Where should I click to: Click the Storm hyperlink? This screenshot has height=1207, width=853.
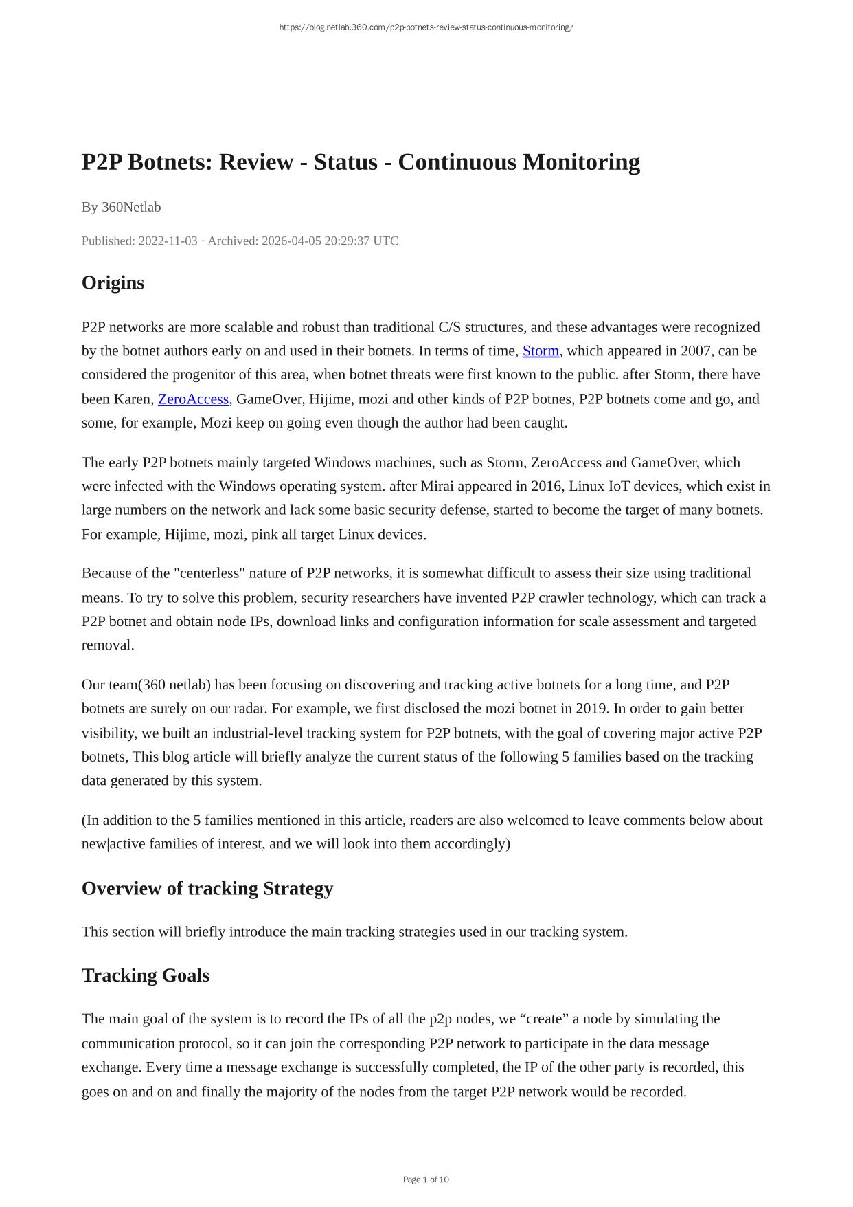[x=541, y=351]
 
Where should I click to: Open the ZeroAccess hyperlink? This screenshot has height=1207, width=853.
[x=193, y=399]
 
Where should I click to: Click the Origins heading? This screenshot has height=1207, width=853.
[x=113, y=283]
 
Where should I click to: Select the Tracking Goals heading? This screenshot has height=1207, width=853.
[x=145, y=975]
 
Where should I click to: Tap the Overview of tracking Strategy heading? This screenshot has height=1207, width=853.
[x=207, y=889]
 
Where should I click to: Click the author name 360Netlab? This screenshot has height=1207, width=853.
[x=131, y=207]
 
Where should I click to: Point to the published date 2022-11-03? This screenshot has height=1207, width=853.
[x=168, y=241]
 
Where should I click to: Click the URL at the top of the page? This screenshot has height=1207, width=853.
[x=426, y=27]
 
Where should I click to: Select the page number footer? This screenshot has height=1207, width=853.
[x=426, y=1180]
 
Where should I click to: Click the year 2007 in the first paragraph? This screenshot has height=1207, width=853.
[x=696, y=351]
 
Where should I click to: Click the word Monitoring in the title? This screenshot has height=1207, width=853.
[x=581, y=162]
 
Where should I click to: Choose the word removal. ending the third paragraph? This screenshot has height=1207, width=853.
[x=108, y=645]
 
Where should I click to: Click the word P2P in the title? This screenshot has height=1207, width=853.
[x=102, y=162]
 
